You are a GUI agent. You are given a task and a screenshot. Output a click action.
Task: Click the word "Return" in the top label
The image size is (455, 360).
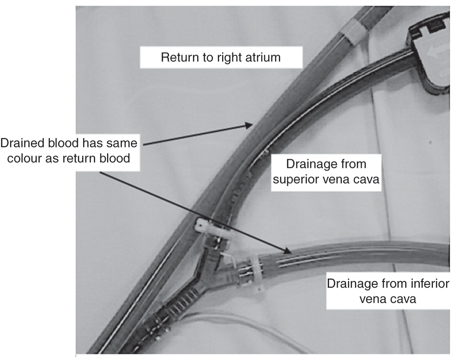click(x=176, y=58)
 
